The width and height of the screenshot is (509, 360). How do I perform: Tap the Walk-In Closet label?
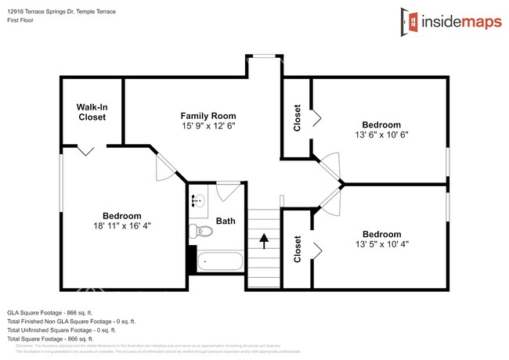(92, 112)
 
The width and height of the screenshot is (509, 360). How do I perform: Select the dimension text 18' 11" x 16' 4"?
(122, 225)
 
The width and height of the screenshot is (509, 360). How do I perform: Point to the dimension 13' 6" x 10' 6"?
(381, 134)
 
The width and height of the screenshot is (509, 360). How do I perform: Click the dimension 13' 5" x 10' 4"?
(381, 243)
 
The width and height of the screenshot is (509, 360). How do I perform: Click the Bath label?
(226, 221)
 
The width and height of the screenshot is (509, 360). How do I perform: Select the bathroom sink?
(197, 200)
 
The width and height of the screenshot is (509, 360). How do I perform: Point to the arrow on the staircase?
(264, 239)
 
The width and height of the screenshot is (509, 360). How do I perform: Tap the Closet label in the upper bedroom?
(298, 117)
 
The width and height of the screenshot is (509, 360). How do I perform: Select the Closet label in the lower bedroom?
(298, 249)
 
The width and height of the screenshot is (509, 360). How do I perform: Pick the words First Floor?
(23, 20)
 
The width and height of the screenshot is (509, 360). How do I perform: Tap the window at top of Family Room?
(264, 55)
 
